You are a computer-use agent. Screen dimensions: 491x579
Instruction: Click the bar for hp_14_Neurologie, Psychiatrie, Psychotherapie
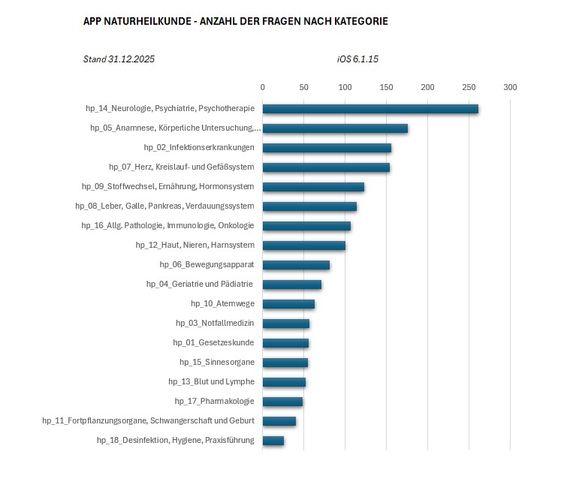[370, 109]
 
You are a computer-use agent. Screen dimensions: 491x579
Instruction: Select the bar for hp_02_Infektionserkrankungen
[327, 148]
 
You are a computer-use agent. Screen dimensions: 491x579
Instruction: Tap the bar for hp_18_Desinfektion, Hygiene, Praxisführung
[273, 440]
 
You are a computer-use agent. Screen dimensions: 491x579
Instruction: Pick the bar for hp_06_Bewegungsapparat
[296, 264]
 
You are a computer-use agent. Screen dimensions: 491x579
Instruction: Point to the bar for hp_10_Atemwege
[288, 303]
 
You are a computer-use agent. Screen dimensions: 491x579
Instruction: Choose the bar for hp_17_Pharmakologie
[282, 401]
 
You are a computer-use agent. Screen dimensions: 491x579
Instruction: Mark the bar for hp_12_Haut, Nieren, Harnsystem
[304, 245]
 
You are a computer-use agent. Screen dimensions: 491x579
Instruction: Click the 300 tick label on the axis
[510, 87]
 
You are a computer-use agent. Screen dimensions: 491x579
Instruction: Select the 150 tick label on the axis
[386, 87]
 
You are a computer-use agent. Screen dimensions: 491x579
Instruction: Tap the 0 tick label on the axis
[262, 87]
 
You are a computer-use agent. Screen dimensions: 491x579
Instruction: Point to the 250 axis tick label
[469, 87]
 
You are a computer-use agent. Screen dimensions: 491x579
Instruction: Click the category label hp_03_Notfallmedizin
[215, 323]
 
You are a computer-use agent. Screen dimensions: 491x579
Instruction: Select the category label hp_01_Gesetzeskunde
[213, 342]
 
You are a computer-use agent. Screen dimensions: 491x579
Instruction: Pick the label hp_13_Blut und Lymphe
[211, 381]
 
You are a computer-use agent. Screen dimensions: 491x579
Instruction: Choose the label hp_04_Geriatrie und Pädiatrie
[200, 284]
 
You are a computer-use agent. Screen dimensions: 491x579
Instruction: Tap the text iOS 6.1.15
[357, 59]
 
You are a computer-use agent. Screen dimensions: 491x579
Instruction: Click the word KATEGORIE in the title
[360, 22]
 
